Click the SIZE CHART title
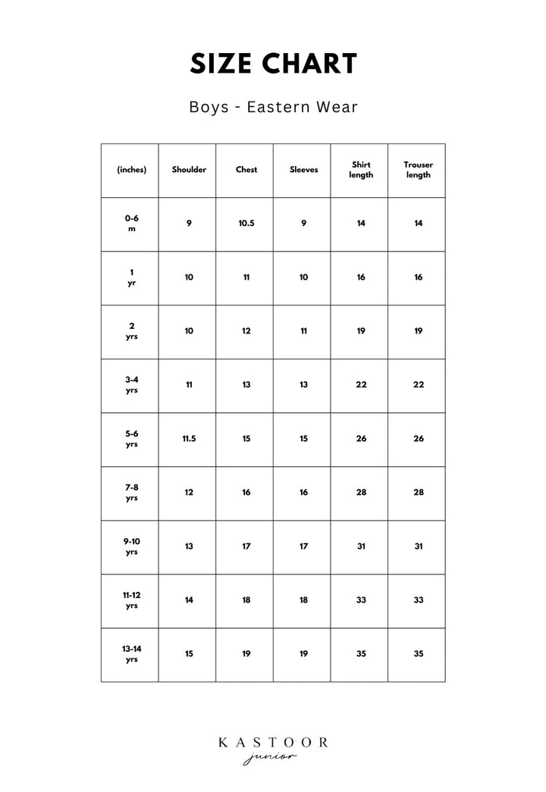pos(273,64)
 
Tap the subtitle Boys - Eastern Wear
pos(273,107)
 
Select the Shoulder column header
pos(189,170)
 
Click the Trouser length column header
pos(418,170)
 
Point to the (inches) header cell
pos(132,170)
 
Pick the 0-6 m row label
pos(132,223)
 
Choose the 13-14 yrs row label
pos(132,654)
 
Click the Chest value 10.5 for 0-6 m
pos(246,224)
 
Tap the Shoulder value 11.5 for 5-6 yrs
pos(189,439)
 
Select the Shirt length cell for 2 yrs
pos(361,331)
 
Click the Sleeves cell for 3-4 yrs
pos(303,385)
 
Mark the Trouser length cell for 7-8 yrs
pos(418,493)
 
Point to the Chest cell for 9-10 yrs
pos(246,546)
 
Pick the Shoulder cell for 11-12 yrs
pos(189,600)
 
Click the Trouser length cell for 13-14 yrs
pos(418,654)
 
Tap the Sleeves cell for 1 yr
pos(303,277)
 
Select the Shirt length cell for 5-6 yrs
pos(361,439)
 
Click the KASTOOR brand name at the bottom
pos(273,743)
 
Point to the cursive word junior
pos(271,758)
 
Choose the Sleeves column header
pos(303,170)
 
